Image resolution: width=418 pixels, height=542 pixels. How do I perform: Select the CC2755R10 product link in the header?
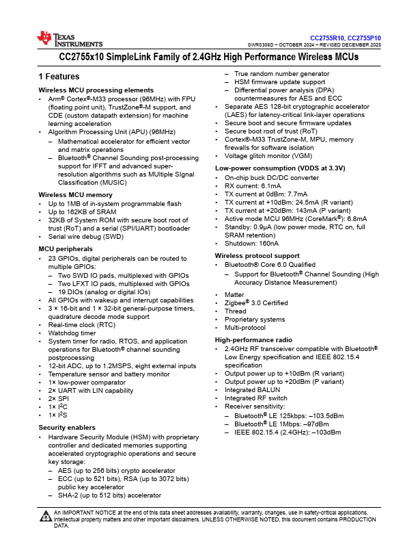327,38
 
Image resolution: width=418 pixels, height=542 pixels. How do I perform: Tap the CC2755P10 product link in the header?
365,38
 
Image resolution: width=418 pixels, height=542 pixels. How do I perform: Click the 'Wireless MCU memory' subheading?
75,195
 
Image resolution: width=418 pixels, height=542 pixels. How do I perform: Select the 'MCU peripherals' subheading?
65,248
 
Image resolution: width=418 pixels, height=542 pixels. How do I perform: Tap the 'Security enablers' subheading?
67,427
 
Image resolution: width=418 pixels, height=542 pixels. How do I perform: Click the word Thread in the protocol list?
236,311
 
